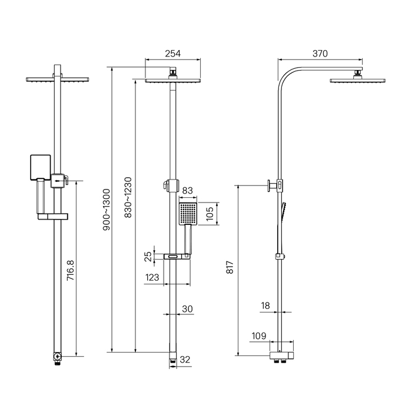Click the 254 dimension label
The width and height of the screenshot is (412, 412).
(172, 54)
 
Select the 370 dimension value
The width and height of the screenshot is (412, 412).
(320, 54)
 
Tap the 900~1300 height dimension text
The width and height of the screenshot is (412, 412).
(107, 210)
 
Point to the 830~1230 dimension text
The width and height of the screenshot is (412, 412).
(128, 197)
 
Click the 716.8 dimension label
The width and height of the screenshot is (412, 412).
(71, 270)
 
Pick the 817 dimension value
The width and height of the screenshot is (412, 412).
(230, 267)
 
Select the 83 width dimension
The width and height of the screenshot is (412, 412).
(187, 190)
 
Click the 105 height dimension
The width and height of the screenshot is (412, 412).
(210, 214)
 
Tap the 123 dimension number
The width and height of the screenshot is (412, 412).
(152, 277)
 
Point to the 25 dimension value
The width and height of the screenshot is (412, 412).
(148, 257)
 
